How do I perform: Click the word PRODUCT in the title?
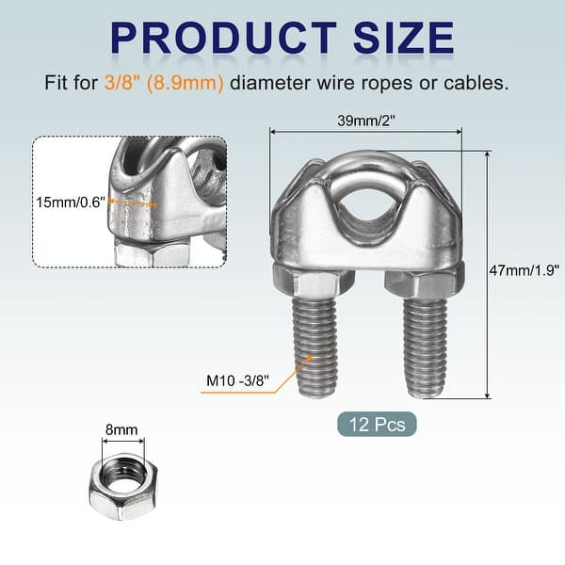(x=223, y=38)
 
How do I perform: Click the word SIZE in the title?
(x=404, y=38)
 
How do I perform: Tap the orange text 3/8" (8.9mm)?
(x=164, y=83)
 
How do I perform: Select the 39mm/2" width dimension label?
(x=366, y=121)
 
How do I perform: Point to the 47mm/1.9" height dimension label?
(x=525, y=270)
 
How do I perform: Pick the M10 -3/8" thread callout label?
(x=237, y=380)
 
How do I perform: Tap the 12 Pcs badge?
(x=377, y=424)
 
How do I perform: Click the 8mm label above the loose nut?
(x=121, y=429)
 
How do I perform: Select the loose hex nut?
(x=123, y=487)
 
